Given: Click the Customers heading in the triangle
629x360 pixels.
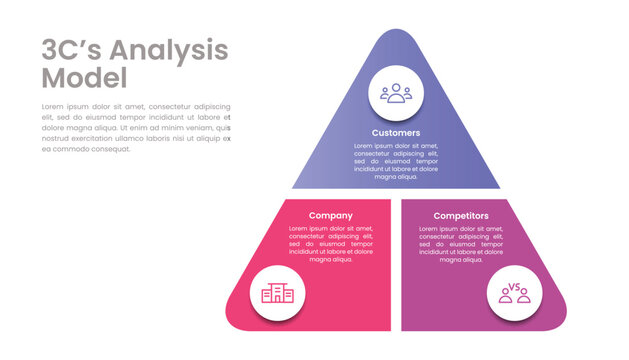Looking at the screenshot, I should [396, 133].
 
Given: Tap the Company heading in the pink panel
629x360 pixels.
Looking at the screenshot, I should [330, 216].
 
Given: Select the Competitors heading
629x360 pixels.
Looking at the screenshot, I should [461, 216].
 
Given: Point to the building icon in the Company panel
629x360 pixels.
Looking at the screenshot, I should [277, 293].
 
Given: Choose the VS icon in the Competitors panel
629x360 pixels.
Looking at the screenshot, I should [516, 293].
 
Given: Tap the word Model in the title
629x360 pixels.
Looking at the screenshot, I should [84, 78].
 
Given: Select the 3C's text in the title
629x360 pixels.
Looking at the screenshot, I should [71, 50].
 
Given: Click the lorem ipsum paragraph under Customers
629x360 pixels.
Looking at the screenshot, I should [396, 161].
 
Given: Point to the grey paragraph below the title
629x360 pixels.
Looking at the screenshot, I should [136, 127].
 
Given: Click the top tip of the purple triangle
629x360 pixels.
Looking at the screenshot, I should [396, 33].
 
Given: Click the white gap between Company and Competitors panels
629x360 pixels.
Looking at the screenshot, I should [396, 265].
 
